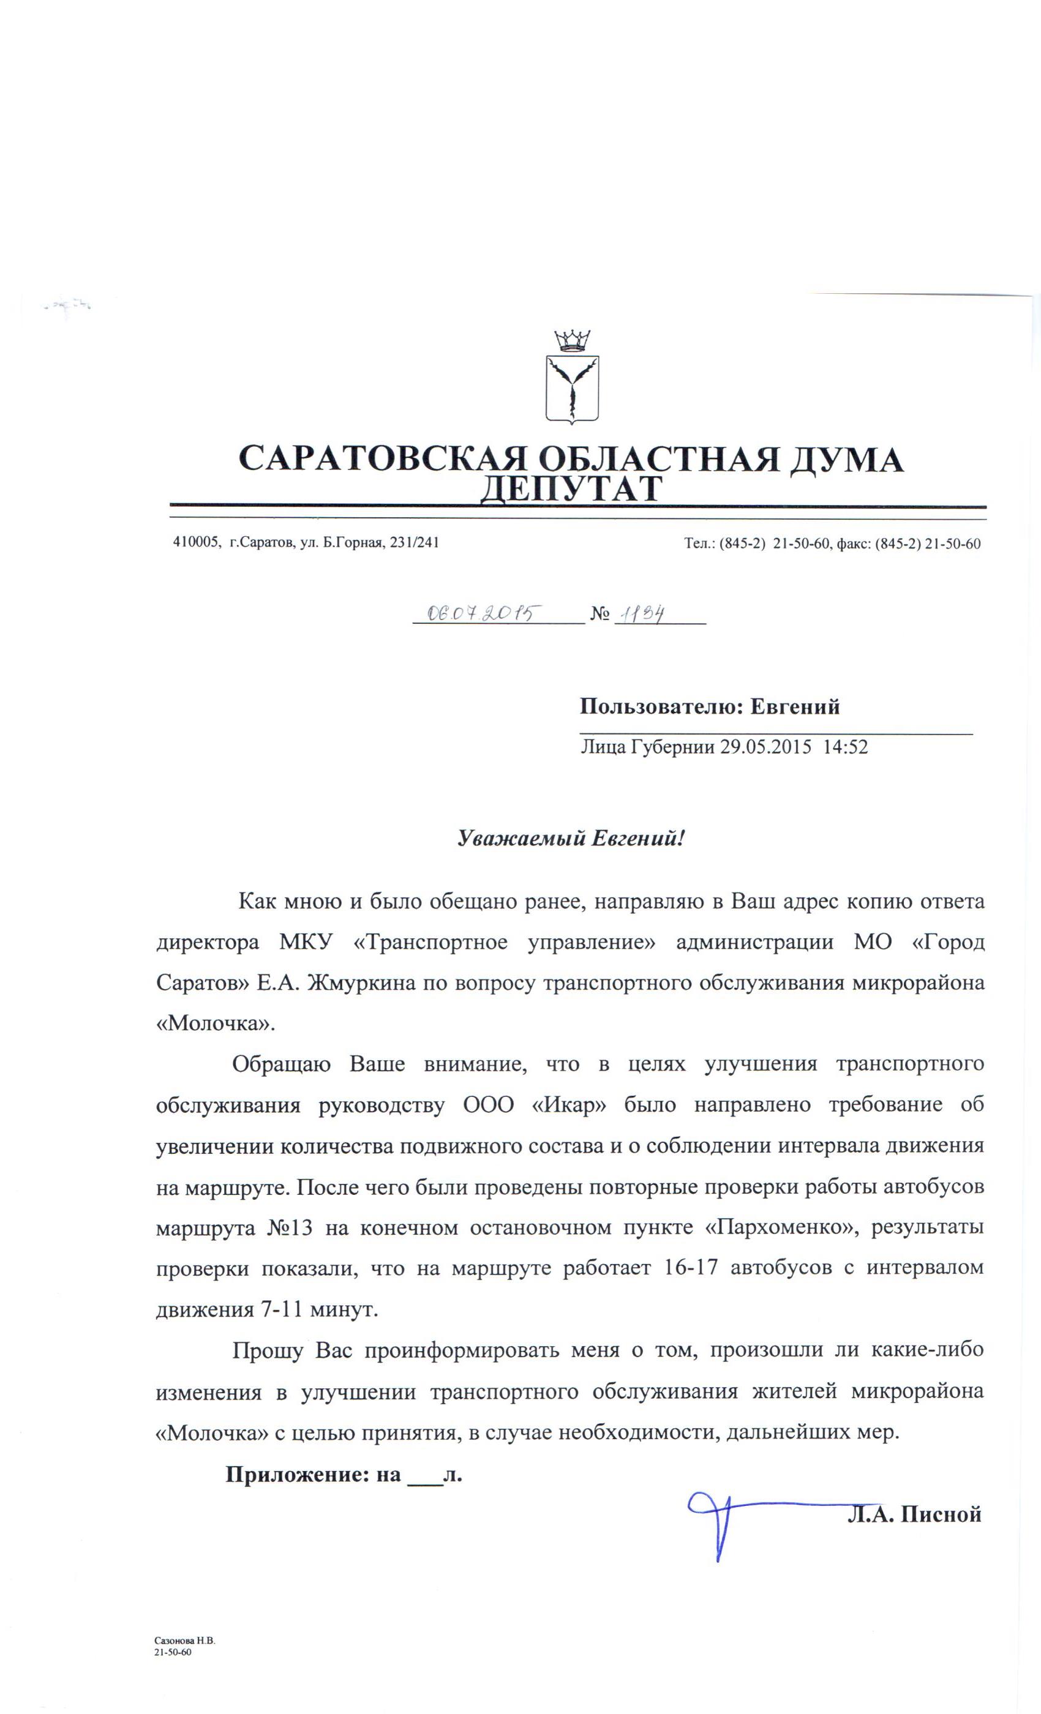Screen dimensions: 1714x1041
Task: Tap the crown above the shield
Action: [x=571, y=342]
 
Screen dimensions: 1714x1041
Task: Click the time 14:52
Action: [x=845, y=748]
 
